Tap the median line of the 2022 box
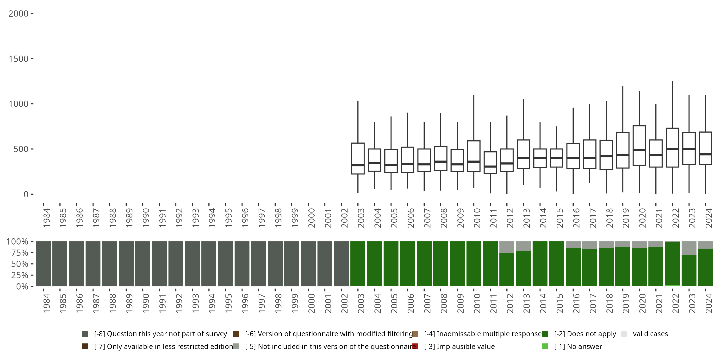pos(672,149)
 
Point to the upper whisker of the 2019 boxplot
pos(623,109)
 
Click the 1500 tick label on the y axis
pos(19,59)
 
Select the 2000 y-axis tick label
pos(19,14)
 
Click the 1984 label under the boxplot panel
pos(46,218)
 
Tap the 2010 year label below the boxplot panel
pos(477,218)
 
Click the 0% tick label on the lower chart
pos(22,286)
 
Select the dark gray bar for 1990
pos(143,264)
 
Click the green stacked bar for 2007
pos(424,264)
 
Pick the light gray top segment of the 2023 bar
pos(689,248)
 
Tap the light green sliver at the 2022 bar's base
pos(672,285)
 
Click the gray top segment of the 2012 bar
pos(507,247)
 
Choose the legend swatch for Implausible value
pos(415,346)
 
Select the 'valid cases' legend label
pos(650,334)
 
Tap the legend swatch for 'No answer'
pos(545,346)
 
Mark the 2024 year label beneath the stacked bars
pos(709,303)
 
